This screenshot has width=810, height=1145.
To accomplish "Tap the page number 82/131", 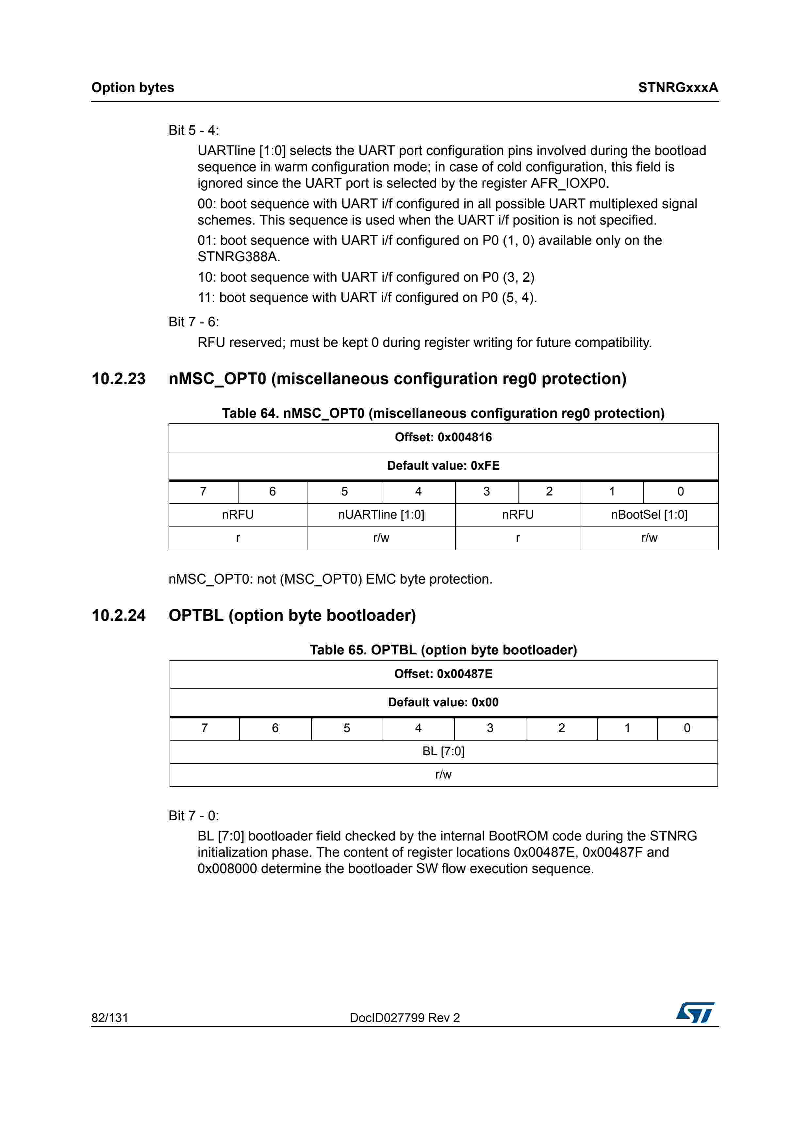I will [110, 1017].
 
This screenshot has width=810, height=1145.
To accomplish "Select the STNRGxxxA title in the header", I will [678, 88].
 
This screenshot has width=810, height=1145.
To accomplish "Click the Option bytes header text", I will [133, 88].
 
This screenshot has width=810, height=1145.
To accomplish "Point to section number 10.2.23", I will [119, 379].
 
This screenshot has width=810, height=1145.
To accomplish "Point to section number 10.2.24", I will [119, 615].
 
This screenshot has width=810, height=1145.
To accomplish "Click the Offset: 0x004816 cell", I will [443, 437].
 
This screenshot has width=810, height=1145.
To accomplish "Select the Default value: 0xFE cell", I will [443, 466].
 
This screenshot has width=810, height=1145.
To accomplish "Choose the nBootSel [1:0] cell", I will [649, 515].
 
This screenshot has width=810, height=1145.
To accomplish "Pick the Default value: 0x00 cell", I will [443, 702].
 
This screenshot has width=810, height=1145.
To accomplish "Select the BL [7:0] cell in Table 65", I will [443, 751].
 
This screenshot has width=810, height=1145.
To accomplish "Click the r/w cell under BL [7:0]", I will [443, 775].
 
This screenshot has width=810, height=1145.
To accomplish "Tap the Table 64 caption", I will [443, 414].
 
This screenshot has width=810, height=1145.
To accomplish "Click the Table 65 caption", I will [443, 650].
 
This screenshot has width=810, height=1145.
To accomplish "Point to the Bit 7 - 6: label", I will [194, 322].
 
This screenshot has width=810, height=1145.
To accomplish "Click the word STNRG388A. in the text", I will [239, 257].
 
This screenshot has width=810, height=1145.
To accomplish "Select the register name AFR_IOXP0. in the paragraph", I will [570, 183].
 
